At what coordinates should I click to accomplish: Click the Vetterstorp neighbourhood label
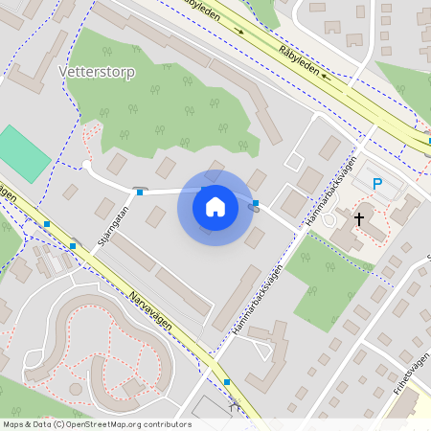point(97,72)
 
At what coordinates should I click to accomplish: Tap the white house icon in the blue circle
point(215,206)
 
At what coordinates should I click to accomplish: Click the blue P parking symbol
point(377,184)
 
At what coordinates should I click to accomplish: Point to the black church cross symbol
point(359,219)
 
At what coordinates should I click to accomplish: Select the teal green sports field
point(24,153)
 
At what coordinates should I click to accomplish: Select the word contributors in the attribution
point(168,424)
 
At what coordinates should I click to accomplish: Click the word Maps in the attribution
point(13,424)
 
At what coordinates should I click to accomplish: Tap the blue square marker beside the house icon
point(256,202)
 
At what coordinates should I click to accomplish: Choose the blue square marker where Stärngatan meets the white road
point(140,193)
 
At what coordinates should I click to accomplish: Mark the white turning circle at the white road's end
point(86,165)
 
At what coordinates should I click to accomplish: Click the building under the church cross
point(362,230)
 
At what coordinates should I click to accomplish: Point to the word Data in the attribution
point(42,424)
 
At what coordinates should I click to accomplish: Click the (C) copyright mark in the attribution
point(59,424)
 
